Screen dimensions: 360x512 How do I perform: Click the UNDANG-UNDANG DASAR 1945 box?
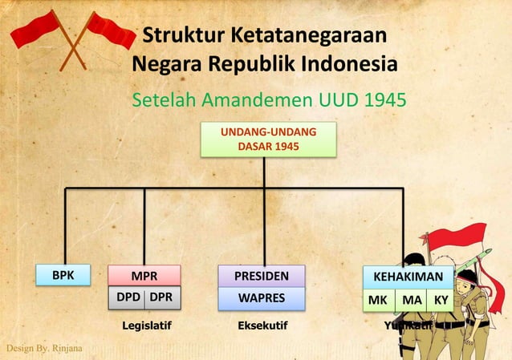click(263, 140)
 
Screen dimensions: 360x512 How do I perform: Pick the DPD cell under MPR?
click(128, 297)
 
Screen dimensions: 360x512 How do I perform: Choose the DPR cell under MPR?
click(161, 297)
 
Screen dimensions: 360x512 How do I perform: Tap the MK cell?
click(378, 301)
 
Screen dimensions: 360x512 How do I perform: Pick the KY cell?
click(441, 301)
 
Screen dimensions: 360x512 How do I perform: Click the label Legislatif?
click(147, 326)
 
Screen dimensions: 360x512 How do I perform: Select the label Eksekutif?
click(262, 326)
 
